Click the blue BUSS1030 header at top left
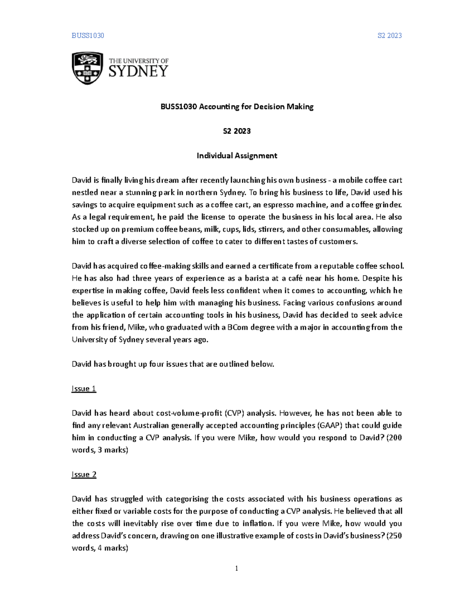click(x=88, y=36)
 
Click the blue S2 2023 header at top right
click(x=389, y=36)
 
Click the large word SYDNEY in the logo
click(x=138, y=71)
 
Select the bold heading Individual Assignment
click(x=237, y=156)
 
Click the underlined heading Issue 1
click(x=84, y=389)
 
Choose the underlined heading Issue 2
click(x=84, y=474)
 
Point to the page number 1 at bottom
click(x=237, y=568)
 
